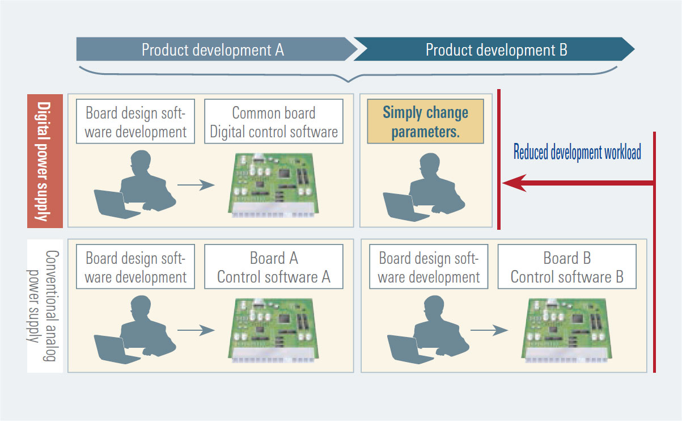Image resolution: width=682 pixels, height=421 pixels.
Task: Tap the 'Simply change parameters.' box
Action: [425, 121]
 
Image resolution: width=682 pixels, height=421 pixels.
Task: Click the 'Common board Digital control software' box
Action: [274, 121]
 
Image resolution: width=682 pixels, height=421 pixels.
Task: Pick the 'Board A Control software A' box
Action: [274, 267]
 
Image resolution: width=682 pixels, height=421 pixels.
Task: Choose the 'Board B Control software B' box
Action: [567, 267]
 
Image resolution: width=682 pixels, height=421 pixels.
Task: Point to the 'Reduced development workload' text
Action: [577, 151]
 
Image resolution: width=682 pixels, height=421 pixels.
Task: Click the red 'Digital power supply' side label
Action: [45, 161]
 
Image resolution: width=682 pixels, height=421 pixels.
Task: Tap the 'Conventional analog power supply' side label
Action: [45, 306]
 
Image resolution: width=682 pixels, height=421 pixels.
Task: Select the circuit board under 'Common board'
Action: [273, 185]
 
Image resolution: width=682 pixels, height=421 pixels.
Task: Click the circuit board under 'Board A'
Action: [273, 330]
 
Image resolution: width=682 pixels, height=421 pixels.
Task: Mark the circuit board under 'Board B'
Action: [566, 330]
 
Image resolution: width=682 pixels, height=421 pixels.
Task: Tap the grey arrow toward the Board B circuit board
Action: [489, 330]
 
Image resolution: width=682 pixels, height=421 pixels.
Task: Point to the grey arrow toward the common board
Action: [196, 185]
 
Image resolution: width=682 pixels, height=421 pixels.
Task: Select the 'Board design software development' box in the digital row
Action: [135, 121]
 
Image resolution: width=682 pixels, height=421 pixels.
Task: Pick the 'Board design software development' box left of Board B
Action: [429, 267]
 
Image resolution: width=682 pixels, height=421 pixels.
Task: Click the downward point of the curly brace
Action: [349, 82]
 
